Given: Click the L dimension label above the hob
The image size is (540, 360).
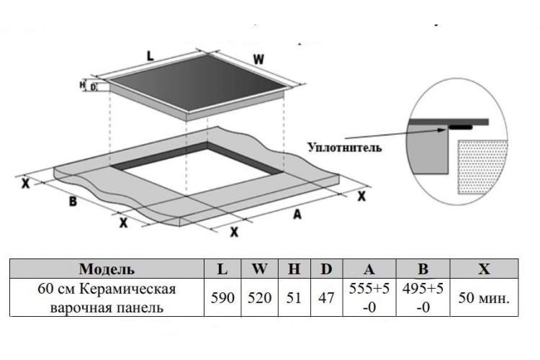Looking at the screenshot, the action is pos(150,56).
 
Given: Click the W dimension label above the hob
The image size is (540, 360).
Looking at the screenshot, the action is pos(258,59).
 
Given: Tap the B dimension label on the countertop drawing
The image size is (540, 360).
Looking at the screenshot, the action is pos(73,201).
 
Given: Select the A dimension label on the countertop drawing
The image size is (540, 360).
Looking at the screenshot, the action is pos(297,215).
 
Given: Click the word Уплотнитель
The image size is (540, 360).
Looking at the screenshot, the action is pos(345,148).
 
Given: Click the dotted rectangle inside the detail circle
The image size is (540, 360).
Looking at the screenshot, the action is pos(482,166).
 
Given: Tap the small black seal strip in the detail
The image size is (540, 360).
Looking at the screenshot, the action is pos(460,127).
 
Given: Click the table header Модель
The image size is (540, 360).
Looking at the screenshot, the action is pos(107,269).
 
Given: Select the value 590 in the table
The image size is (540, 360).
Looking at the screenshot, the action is pos(222,297).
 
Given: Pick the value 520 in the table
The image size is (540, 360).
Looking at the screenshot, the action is pos(259,297).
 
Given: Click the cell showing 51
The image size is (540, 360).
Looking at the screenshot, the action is pos(294,297).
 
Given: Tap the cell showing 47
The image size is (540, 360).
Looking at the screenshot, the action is pos(326,297).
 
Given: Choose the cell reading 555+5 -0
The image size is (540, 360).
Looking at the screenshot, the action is pos(369,297).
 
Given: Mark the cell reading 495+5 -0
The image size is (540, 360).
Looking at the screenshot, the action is pos(423,297).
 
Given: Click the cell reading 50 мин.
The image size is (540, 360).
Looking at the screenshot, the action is pos(484,298).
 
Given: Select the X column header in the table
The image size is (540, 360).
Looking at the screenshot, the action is pos(484,269).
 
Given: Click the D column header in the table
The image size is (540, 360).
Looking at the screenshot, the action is pos(326,269).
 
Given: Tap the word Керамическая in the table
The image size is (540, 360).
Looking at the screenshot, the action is pos(127,289).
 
